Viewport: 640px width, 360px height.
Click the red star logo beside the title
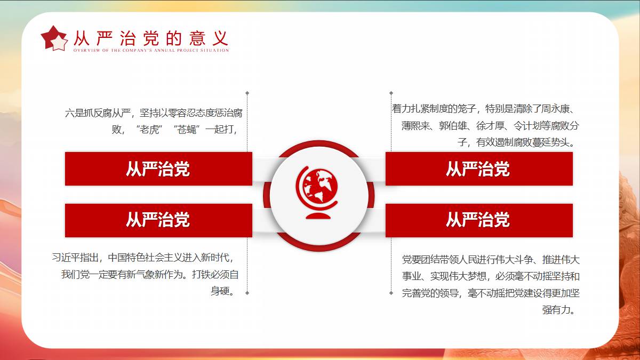click(x=54, y=38)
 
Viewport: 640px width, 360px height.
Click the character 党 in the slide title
click(x=151, y=38)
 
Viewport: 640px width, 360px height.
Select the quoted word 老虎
click(x=149, y=130)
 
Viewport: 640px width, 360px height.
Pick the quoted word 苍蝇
click(x=186, y=130)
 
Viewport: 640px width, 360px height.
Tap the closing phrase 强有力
click(x=556, y=310)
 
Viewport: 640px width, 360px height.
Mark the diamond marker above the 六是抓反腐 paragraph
click(x=247, y=93)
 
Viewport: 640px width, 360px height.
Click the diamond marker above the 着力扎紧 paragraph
click(x=391, y=93)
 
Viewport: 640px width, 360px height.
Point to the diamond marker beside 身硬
click(x=247, y=293)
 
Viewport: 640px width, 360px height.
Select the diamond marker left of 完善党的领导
click(x=391, y=293)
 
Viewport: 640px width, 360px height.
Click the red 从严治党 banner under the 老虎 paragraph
click(x=158, y=169)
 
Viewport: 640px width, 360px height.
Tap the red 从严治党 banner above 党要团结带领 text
click(x=479, y=220)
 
